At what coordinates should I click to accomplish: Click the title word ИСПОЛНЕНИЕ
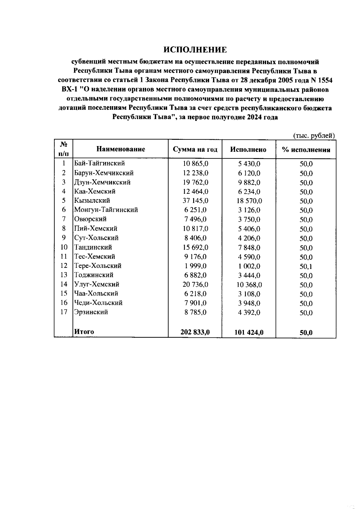pos(195,50)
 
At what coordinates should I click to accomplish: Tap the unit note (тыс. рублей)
pos(314,136)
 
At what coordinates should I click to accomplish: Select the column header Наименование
pos(121,149)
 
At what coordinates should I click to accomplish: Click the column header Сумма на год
pos(195,149)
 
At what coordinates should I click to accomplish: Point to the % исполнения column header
pos(306,150)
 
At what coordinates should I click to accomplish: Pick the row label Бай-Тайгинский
pos(99,163)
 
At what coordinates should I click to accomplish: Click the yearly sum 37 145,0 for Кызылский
pos(195,201)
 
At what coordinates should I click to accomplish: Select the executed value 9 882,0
pos(249,182)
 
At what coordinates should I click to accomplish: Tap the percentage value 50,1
pos(306,266)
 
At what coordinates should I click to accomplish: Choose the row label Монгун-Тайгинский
pos(106,210)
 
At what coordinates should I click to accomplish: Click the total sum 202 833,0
pos(195,332)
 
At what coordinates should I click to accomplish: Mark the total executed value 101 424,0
pos(249,332)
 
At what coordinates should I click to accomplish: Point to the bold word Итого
pos(84,332)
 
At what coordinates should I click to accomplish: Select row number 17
pos(64,312)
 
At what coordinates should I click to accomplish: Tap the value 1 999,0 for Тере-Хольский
pos(195,266)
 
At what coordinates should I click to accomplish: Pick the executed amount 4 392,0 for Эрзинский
pos(249,313)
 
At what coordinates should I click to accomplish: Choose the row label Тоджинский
pos(94,275)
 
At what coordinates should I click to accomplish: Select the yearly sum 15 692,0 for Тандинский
pos(195,247)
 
